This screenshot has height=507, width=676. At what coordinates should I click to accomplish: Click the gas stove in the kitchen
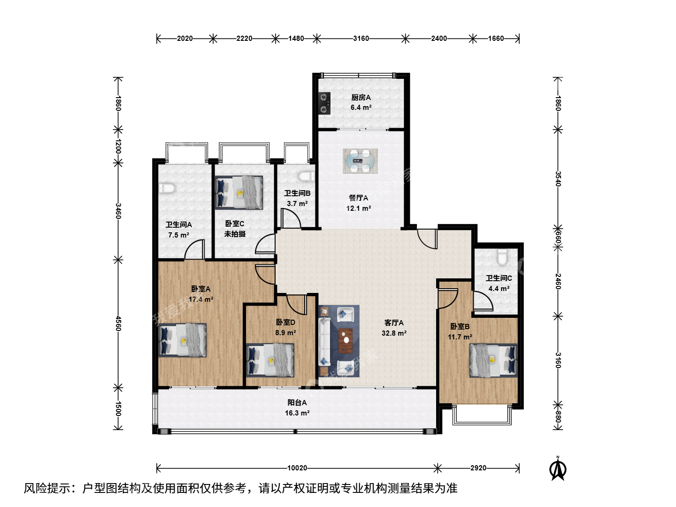(x=324, y=103)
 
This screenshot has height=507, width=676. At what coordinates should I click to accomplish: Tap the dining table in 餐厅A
(x=361, y=161)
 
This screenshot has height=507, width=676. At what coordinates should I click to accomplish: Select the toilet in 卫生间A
(x=167, y=188)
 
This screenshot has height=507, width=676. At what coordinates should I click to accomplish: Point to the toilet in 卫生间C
(x=502, y=257)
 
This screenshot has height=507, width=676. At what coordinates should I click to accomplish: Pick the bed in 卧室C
(x=239, y=192)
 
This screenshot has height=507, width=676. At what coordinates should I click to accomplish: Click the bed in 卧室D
(x=270, y=360)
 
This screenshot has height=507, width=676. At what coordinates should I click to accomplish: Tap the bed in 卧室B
(x=493, y=360)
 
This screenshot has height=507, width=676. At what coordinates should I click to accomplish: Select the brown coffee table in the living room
(x=346, y=340)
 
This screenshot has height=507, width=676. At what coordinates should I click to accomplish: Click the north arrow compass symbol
(x=558, y=469)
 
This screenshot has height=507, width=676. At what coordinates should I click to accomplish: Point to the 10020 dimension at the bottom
(x=297, y=468)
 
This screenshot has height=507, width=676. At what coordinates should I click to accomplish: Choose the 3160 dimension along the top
(x=361, y=38)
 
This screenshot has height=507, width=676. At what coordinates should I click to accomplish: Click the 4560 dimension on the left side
(x=118, y=323)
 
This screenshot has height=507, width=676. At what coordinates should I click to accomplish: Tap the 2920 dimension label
(x=478, y=468)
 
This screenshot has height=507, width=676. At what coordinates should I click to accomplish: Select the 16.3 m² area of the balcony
(x=297, y=413)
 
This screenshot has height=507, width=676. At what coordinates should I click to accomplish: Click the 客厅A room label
(x=394, y=323)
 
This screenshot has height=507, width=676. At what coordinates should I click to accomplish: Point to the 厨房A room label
(x=361, y=98)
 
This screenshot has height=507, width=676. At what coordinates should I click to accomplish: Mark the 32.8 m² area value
(x=394, y=333)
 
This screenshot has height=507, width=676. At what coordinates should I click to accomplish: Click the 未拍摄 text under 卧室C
(x=235, y=234)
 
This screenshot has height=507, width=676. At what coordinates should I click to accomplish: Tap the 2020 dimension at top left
(x=185, y=38)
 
